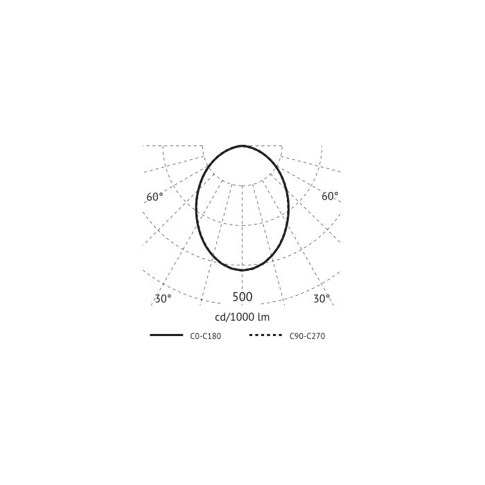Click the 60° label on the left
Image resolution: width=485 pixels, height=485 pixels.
tap(155, 197)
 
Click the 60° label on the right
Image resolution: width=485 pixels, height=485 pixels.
tap(330, 196)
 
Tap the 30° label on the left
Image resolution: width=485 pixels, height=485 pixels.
tap(163, 299)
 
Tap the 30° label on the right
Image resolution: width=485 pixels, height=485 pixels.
tap(321, 299)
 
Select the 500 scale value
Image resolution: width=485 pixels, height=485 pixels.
tap(242, 297)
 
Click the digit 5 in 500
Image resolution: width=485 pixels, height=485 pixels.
tap(236, 297)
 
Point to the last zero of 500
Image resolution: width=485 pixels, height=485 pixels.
tap(249, 297)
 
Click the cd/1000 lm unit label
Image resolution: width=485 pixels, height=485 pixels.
tap(242, 317)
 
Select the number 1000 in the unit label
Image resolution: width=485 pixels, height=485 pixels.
tap(242, 317)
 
